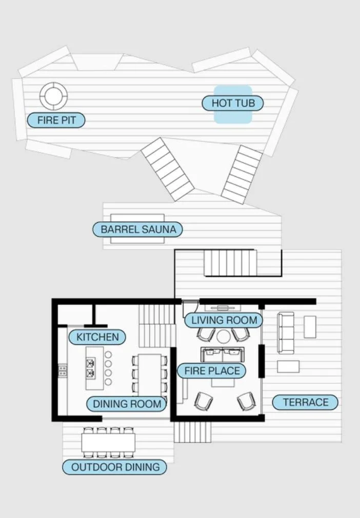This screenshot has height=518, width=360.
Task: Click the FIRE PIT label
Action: tap(56, 120)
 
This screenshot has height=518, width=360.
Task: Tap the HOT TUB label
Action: tap(233, 103)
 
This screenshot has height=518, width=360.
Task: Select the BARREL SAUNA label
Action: tap(137, 229)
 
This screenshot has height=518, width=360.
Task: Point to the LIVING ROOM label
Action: tap(224, 320)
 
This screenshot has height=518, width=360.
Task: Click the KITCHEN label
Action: tap(97, 337)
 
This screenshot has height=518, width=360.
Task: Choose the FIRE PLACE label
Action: tap(212, 370)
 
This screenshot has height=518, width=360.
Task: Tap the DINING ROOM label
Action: tap(126, 404)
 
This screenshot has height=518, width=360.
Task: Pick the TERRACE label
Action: tap(305, 402)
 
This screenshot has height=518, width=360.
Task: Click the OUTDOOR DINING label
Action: tap(115, 467)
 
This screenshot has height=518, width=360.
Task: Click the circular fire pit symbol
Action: tap(53, 96)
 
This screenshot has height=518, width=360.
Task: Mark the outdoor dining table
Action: tap(108, 443)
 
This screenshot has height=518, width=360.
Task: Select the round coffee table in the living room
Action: tap(224, 337)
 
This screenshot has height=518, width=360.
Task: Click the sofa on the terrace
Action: tap(286, 333)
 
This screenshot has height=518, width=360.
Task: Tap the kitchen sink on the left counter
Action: tap(63, 370)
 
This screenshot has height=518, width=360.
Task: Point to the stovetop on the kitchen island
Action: tap(90, 368)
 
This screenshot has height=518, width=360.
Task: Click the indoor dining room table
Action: tap(149, 375)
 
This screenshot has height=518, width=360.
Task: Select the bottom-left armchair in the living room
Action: tap(203, 401)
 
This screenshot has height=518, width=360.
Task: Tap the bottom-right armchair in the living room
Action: tap(247, 401)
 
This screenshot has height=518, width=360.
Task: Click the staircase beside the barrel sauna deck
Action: tap(230, 263)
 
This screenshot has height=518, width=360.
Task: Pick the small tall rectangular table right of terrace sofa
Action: tap(310, 327)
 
